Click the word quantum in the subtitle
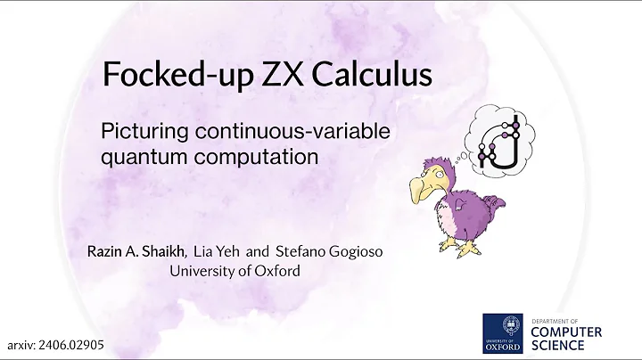pos(137,157)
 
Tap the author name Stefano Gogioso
pos(324,252)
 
